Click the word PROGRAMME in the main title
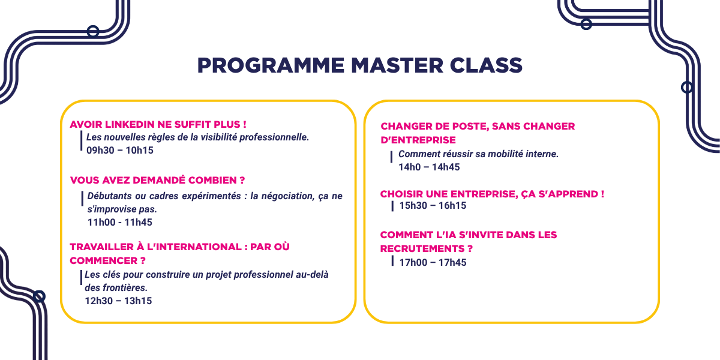[x=271, y=65]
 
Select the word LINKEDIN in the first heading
[x=130, y=124]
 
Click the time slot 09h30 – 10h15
[x=120, y=151]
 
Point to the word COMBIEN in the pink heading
[x=212, y=180]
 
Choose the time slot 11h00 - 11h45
[x=120, y=222]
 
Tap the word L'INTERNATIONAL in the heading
[x=194, y=247]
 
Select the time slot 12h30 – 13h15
[x=118, y=301]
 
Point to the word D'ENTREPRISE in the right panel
[x=418, y=140]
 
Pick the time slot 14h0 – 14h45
[x=429, y=167]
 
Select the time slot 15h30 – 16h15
[x=433, y=206]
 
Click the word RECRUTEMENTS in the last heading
[x=422, y=249]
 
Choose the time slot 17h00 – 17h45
[x=433, y=263]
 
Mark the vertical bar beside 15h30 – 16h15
[x=392, y=206]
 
